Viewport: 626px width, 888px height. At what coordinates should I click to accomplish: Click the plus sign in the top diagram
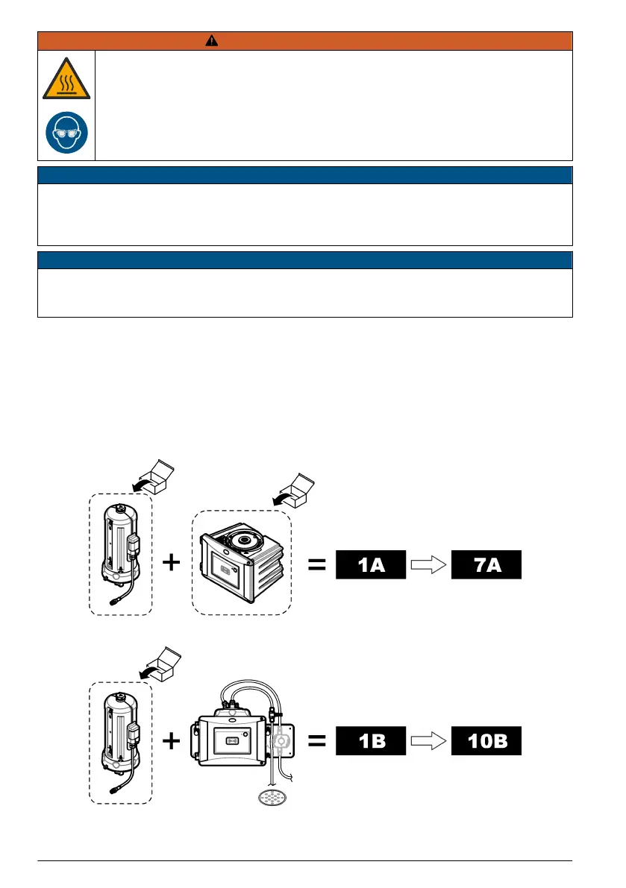click(171, 563)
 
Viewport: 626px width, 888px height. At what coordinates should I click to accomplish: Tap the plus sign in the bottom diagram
click(171, 741)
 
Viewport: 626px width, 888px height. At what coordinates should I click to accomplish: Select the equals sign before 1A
click(317, 566)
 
